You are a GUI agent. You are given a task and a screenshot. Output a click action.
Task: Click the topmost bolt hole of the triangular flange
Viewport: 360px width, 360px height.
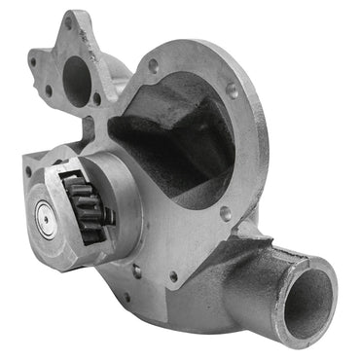coord(69,20)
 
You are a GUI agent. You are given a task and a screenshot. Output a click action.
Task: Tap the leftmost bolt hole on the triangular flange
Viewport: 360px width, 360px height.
coord(33,61)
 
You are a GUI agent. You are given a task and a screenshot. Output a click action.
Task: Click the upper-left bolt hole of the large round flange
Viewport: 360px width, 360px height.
coord(153,65)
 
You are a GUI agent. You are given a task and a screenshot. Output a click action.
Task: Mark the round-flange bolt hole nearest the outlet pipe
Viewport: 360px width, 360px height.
coord(227,211)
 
